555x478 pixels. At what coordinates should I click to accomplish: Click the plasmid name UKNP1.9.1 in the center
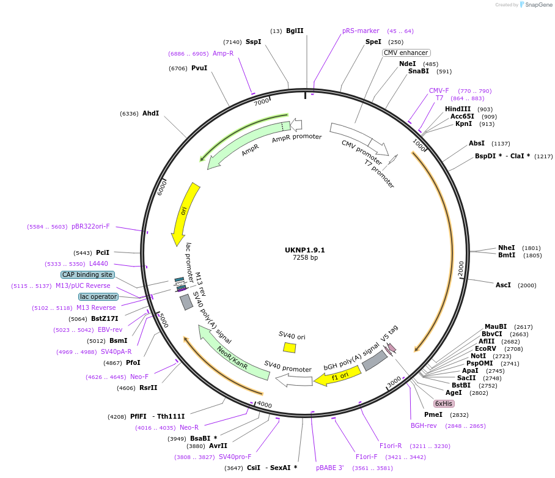click(304, 250)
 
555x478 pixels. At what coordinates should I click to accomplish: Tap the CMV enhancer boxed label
click(406, 53)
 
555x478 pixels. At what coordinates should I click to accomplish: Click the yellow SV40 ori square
click(290, 347)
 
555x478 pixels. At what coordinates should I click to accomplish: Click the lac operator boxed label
click(98, 297)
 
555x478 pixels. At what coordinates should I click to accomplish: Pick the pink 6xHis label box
click(444, 403)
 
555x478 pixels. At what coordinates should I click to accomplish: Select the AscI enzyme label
click(503, 285)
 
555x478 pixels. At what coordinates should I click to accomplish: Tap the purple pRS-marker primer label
click(361, 31)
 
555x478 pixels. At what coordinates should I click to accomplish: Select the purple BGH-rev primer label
click(424, 425)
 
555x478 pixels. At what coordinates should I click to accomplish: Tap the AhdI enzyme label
click(150, 114)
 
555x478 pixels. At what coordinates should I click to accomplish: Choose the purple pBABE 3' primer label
click(330, 468)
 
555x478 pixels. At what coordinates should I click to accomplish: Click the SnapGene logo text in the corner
click(535, 5)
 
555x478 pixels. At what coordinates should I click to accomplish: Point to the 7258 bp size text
click(304, 258)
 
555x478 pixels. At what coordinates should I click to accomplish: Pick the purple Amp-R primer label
click(223, 54)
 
